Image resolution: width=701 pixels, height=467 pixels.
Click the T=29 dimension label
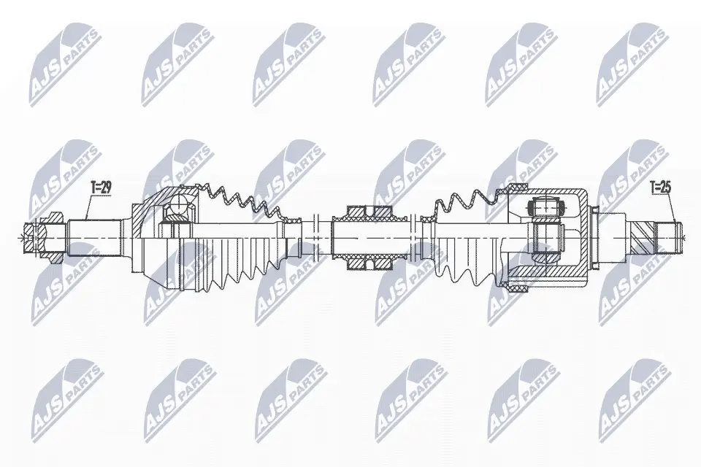pos(101,188)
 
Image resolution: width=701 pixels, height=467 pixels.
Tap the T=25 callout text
pos(661,188)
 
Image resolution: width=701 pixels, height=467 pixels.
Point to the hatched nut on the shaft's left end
pos(45,237)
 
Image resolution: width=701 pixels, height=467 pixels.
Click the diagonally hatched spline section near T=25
pos(642,237)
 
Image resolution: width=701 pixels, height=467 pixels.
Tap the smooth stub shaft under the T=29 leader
pos(95,237)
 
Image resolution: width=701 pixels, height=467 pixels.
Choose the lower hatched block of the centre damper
pos(369,263)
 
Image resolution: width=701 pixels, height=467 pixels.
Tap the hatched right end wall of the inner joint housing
pos(582,237)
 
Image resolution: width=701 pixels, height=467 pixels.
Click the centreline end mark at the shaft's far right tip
pos(683,237)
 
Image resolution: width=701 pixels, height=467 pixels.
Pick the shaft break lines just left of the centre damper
pos(315,237)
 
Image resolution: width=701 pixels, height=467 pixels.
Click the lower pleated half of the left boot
pos(232,267)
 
